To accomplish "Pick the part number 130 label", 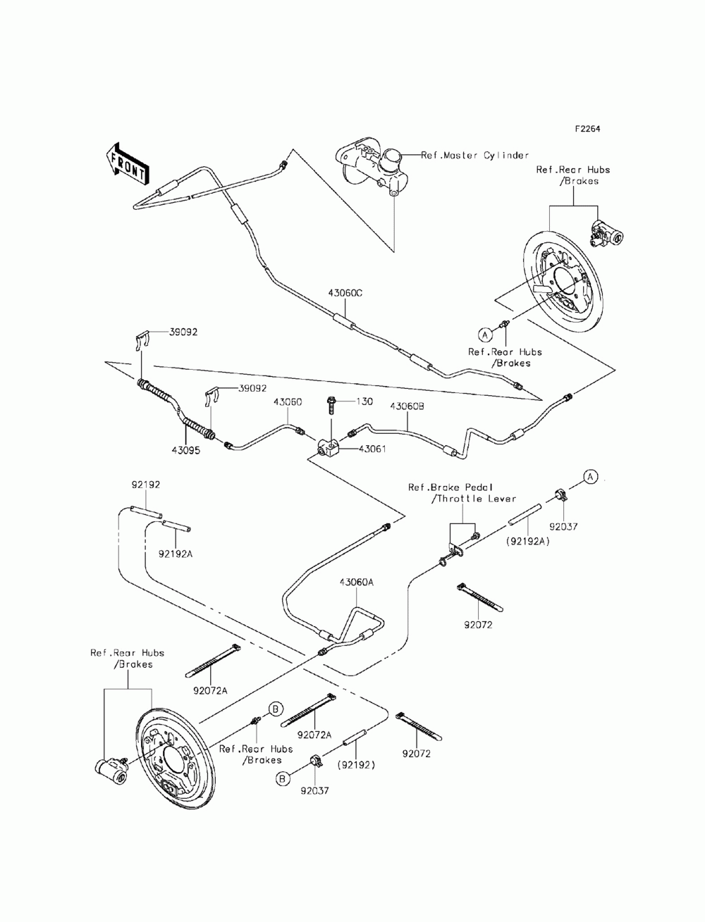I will tap(364, 401).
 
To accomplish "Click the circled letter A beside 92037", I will tap(591, 477).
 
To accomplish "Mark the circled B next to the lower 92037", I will tap(282, 778).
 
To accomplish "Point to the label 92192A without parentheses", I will tap(176, 554).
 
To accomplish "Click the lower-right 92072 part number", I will tap(417, 754).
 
